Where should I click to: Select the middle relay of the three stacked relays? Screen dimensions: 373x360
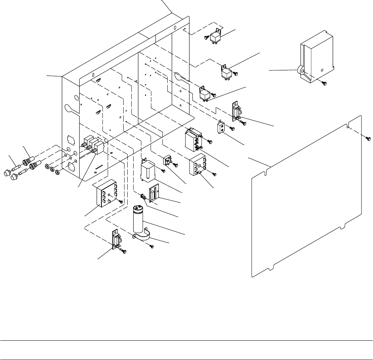(x=226, y=72)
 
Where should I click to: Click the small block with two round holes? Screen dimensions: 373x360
(x=221, y=127)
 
